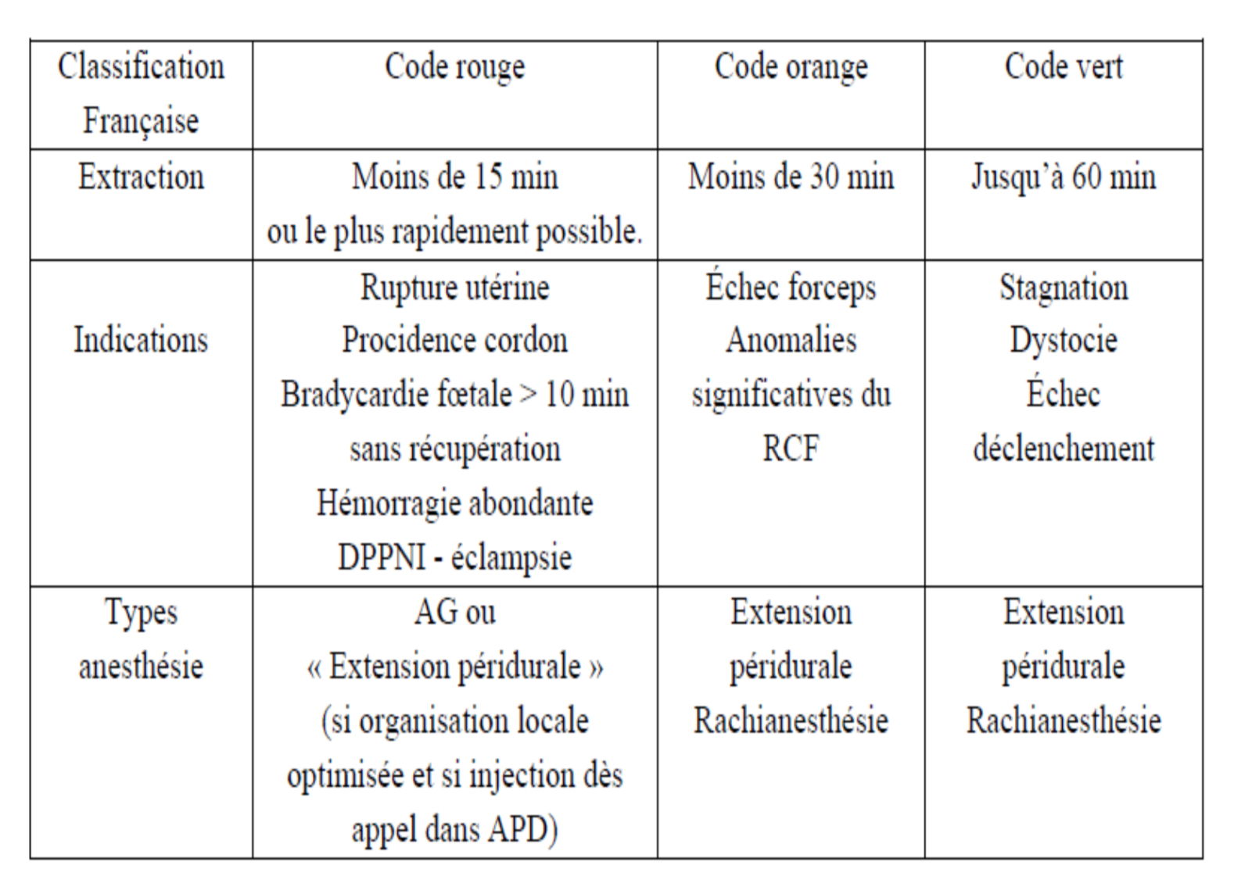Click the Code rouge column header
454,68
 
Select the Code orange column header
791,68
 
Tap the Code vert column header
1063,68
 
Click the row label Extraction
141,177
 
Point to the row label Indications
141,341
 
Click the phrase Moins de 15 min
454,177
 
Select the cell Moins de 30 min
791,177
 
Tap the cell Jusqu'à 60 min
1063,177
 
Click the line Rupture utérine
454,288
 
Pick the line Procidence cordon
454,341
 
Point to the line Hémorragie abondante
454,503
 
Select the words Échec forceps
791,288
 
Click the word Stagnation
1063,288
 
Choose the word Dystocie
1063,341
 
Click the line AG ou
454,612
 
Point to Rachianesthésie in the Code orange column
791,720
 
